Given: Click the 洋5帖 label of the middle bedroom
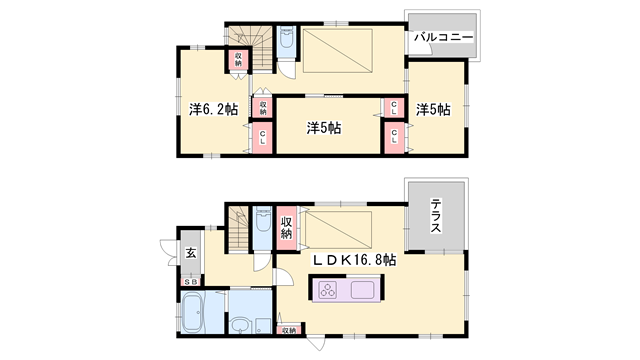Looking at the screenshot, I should pos(325,128).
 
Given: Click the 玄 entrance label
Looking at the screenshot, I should pos(190,253).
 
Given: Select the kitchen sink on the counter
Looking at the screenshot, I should pos(362,291).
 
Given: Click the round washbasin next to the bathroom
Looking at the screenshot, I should pos(240,325).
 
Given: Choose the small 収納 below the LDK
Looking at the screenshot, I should pos(288,329).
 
